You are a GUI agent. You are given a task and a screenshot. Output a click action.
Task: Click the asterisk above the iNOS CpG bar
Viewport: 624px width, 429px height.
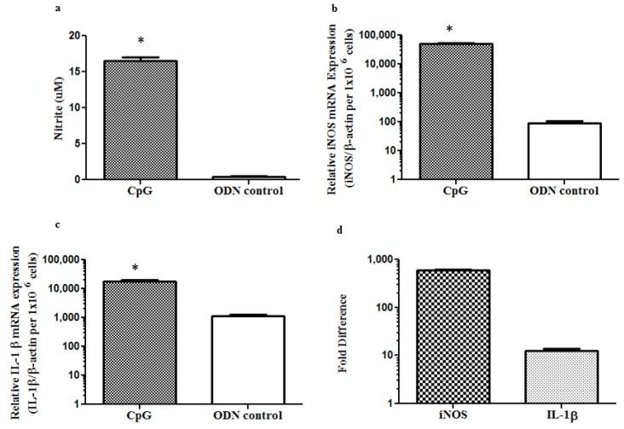(x=449, y=30)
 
